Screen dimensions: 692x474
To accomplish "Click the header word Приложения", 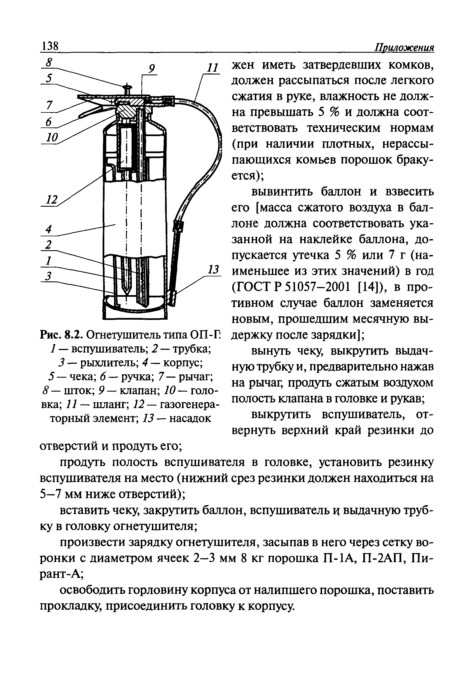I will (x=404, y=48).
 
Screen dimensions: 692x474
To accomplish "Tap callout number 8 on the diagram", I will (x=49, y=63).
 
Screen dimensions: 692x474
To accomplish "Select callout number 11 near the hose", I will (x=212, y=68).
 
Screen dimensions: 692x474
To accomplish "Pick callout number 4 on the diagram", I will (x=49, y=229).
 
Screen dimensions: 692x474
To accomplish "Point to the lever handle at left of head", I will (x=89, y=112).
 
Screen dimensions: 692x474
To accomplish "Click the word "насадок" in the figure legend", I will (x=190, y=418).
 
